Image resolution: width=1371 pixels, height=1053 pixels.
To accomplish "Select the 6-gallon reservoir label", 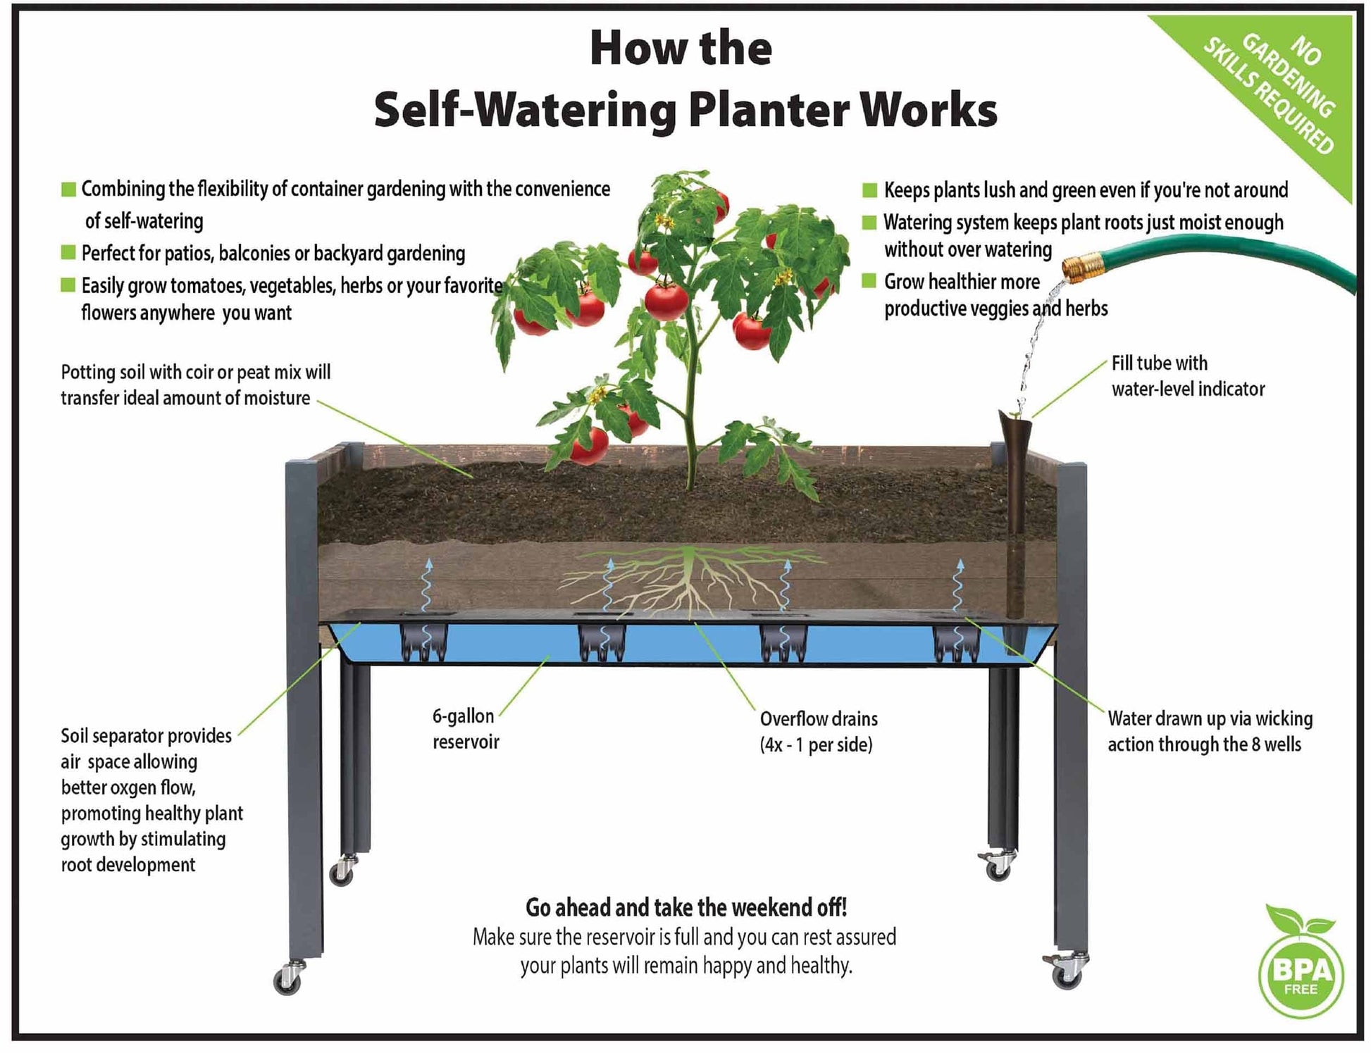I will tap(465, 729).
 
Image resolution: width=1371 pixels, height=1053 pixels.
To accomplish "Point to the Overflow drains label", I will tap(818, 731).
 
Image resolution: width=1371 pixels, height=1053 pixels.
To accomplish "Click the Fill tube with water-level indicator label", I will tap(1188, 375).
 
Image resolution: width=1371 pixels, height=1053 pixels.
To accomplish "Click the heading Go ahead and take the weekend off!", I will tap(685, 908).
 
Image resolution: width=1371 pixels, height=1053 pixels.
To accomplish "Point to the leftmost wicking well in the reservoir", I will tap(424, 641).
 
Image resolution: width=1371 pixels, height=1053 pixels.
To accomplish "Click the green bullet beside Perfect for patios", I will tap(68, 252).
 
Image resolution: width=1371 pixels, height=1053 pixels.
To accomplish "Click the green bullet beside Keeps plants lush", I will tap(869, 190).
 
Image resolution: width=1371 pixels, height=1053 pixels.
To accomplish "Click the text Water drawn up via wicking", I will tap(1210, 718).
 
